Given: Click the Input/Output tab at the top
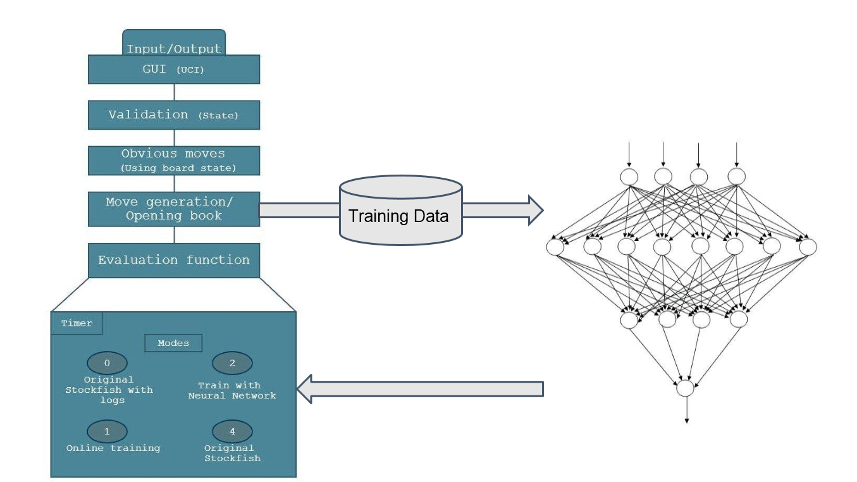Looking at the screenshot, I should pos(173,44).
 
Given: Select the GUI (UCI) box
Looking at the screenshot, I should pos(173,70).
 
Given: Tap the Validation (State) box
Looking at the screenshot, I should pos(173,115).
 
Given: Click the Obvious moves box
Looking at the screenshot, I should pos(173,161).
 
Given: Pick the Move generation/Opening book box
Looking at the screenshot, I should pos(173,209).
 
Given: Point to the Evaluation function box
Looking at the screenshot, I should pos(173,260).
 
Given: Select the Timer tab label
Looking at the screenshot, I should pos(77,323).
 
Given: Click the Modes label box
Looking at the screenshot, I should pos(173,343).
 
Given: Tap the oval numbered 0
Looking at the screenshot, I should pos(107,363).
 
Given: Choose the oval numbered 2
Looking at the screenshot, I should pos(232,363).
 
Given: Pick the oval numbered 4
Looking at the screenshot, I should pos(232,431).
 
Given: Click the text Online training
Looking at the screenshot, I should pos(113,448).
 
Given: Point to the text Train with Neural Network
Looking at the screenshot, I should pos(232,390).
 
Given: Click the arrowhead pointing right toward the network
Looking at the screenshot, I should pos(534,210).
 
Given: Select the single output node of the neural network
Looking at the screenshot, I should pos(686,388).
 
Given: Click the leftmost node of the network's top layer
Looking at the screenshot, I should pos(629,176).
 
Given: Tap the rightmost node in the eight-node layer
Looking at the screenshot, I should pos(808,247).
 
